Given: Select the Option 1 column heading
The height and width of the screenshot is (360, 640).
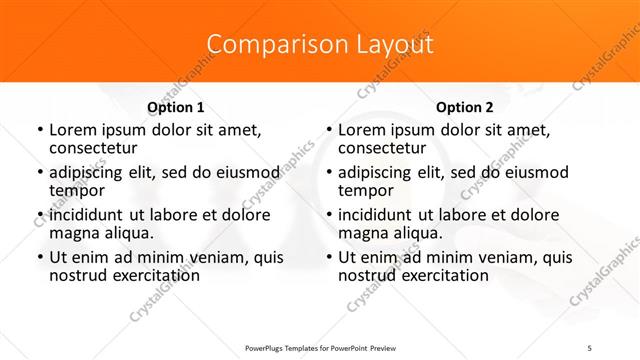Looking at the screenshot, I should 175,107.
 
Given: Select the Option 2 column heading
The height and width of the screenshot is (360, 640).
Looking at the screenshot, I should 465,107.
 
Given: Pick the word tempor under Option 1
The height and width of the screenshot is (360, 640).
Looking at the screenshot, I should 77,190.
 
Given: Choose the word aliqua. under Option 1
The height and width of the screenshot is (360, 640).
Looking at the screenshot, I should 127,233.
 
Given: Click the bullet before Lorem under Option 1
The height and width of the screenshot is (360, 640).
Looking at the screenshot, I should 39,131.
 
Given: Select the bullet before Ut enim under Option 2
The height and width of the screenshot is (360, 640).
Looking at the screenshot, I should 329,259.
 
